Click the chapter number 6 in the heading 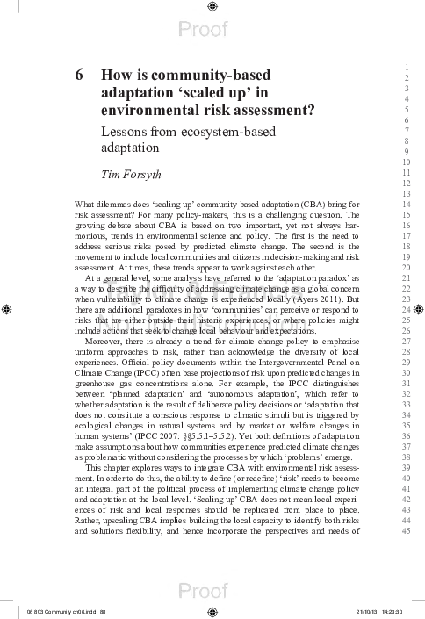[80, 76]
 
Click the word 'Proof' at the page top [203, 30]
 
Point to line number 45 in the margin [407, 529]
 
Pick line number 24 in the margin [407, 309]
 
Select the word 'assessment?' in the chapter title [273, 111]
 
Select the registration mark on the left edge [8, 309]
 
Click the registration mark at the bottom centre [212, 613]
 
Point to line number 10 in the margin [407, 162]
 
